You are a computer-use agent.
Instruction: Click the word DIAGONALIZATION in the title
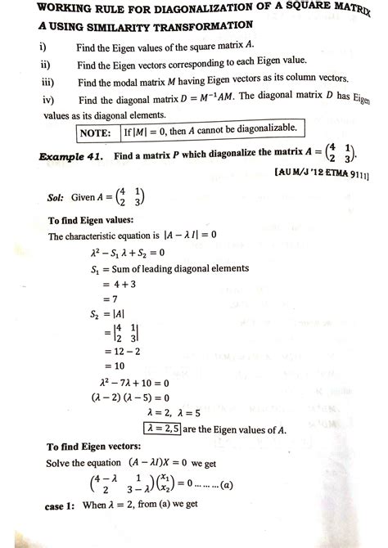187,11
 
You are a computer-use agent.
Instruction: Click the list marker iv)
46,98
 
